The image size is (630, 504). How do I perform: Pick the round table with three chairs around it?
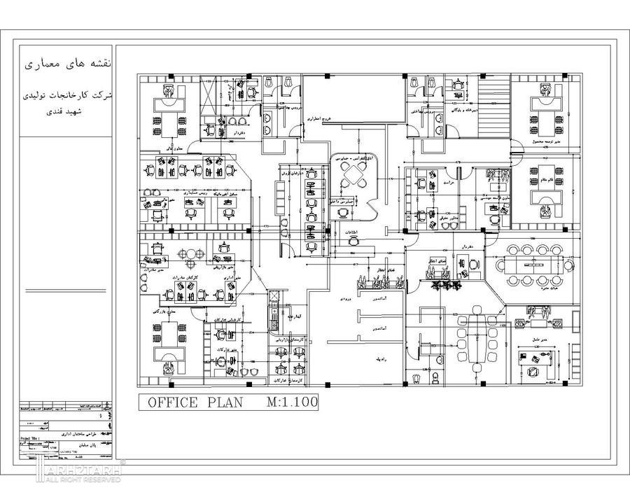190,258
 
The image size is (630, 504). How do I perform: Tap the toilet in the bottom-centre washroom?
435,378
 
